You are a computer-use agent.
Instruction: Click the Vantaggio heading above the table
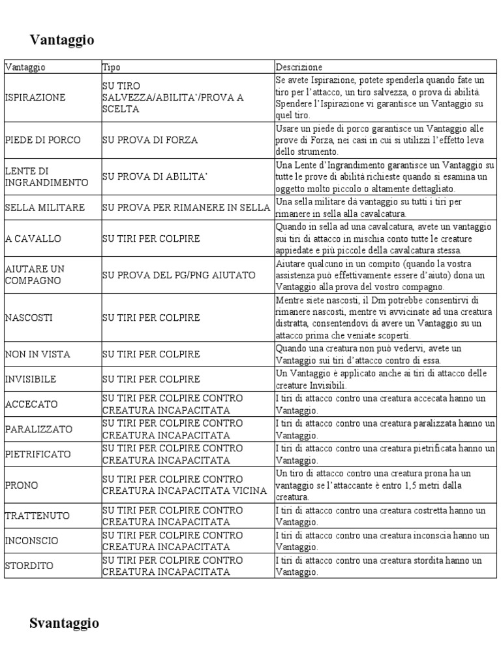click(x=62, y=41)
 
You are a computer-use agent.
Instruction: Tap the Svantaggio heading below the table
click(x=64, y=623)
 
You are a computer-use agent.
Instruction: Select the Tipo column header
click(x=111, y=67)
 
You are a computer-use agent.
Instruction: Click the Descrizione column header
click(x=299, y=67)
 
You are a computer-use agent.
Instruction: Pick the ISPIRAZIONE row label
click(x=35, y=97)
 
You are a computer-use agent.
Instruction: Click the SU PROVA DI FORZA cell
click(x=149, y=140)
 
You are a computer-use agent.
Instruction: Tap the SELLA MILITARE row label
click(x=45, y=208)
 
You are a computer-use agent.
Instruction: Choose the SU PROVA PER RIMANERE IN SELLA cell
click(x=186, y=208)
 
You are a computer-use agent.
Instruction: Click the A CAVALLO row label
click(x=33, y=238)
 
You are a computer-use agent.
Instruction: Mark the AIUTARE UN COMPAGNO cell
click(x=35, y=275)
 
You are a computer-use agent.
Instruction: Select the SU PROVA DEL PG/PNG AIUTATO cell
click(x=179, y=275)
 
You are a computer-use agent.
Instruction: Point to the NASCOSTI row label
click(x=29, y=318)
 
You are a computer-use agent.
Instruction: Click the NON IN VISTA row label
click(x=38, y=355)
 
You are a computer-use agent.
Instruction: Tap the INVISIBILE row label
click(x=31, y=379)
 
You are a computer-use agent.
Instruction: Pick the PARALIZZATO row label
click(x=38, y=429)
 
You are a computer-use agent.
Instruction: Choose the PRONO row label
click(x=22, y=485)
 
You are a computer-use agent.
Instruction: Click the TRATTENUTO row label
click(x=37, y=516)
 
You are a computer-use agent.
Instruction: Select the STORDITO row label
click(x=29, y=566)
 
